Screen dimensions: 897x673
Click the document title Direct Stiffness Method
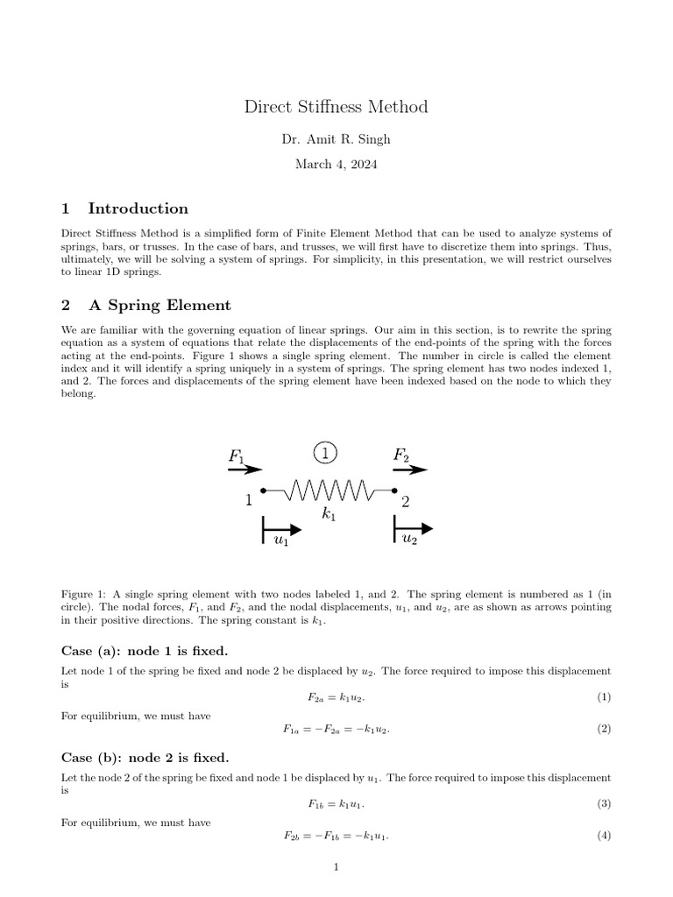[x=336, y=108]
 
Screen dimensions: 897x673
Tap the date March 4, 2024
[x=336, y=164]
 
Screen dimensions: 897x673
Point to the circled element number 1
[x=325, y=453]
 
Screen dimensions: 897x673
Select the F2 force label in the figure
[x=400, y=456]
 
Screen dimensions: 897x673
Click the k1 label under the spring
[x=329, y=516]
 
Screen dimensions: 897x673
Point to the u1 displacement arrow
[x=281, y=531]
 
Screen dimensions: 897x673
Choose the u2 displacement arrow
[x=413, y=529]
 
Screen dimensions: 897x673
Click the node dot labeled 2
[x=394, y=491]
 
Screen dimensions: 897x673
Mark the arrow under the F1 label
[x=239, y=470]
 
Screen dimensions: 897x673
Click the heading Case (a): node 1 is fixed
[x=145, y=651]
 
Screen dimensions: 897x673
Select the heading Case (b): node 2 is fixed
[x=145, y=758]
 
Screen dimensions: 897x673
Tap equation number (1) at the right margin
[x=604, y=697]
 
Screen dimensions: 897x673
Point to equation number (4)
[x=604, y=836]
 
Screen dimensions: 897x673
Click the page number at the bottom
[x=336, y=868]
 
